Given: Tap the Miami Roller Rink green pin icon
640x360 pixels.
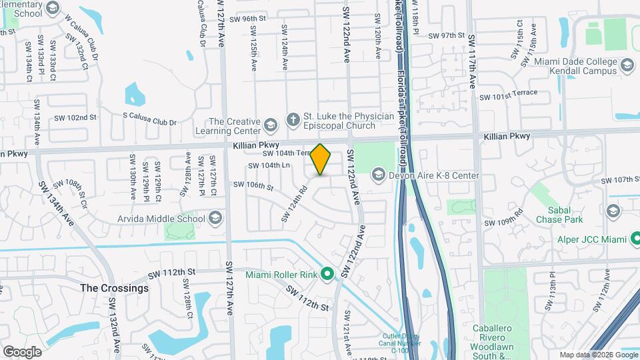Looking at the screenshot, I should click(327, 274).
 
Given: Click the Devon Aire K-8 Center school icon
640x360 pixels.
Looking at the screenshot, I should click(378, 175).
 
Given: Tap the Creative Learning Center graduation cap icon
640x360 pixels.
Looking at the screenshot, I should click(270, 124).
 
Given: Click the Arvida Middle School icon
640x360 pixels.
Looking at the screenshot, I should click(215, 218).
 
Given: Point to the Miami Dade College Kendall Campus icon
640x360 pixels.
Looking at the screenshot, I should click(627, 65).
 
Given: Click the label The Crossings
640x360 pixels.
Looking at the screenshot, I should click(115, 289).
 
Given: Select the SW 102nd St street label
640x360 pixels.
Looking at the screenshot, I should click(75, 117).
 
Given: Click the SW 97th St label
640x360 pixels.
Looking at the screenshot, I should click(445, 35).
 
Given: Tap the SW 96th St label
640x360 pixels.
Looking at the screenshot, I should click(240, 19).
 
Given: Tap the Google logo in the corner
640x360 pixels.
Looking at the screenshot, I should click(22, 351).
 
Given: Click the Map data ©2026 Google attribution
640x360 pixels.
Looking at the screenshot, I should click(598, 355).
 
